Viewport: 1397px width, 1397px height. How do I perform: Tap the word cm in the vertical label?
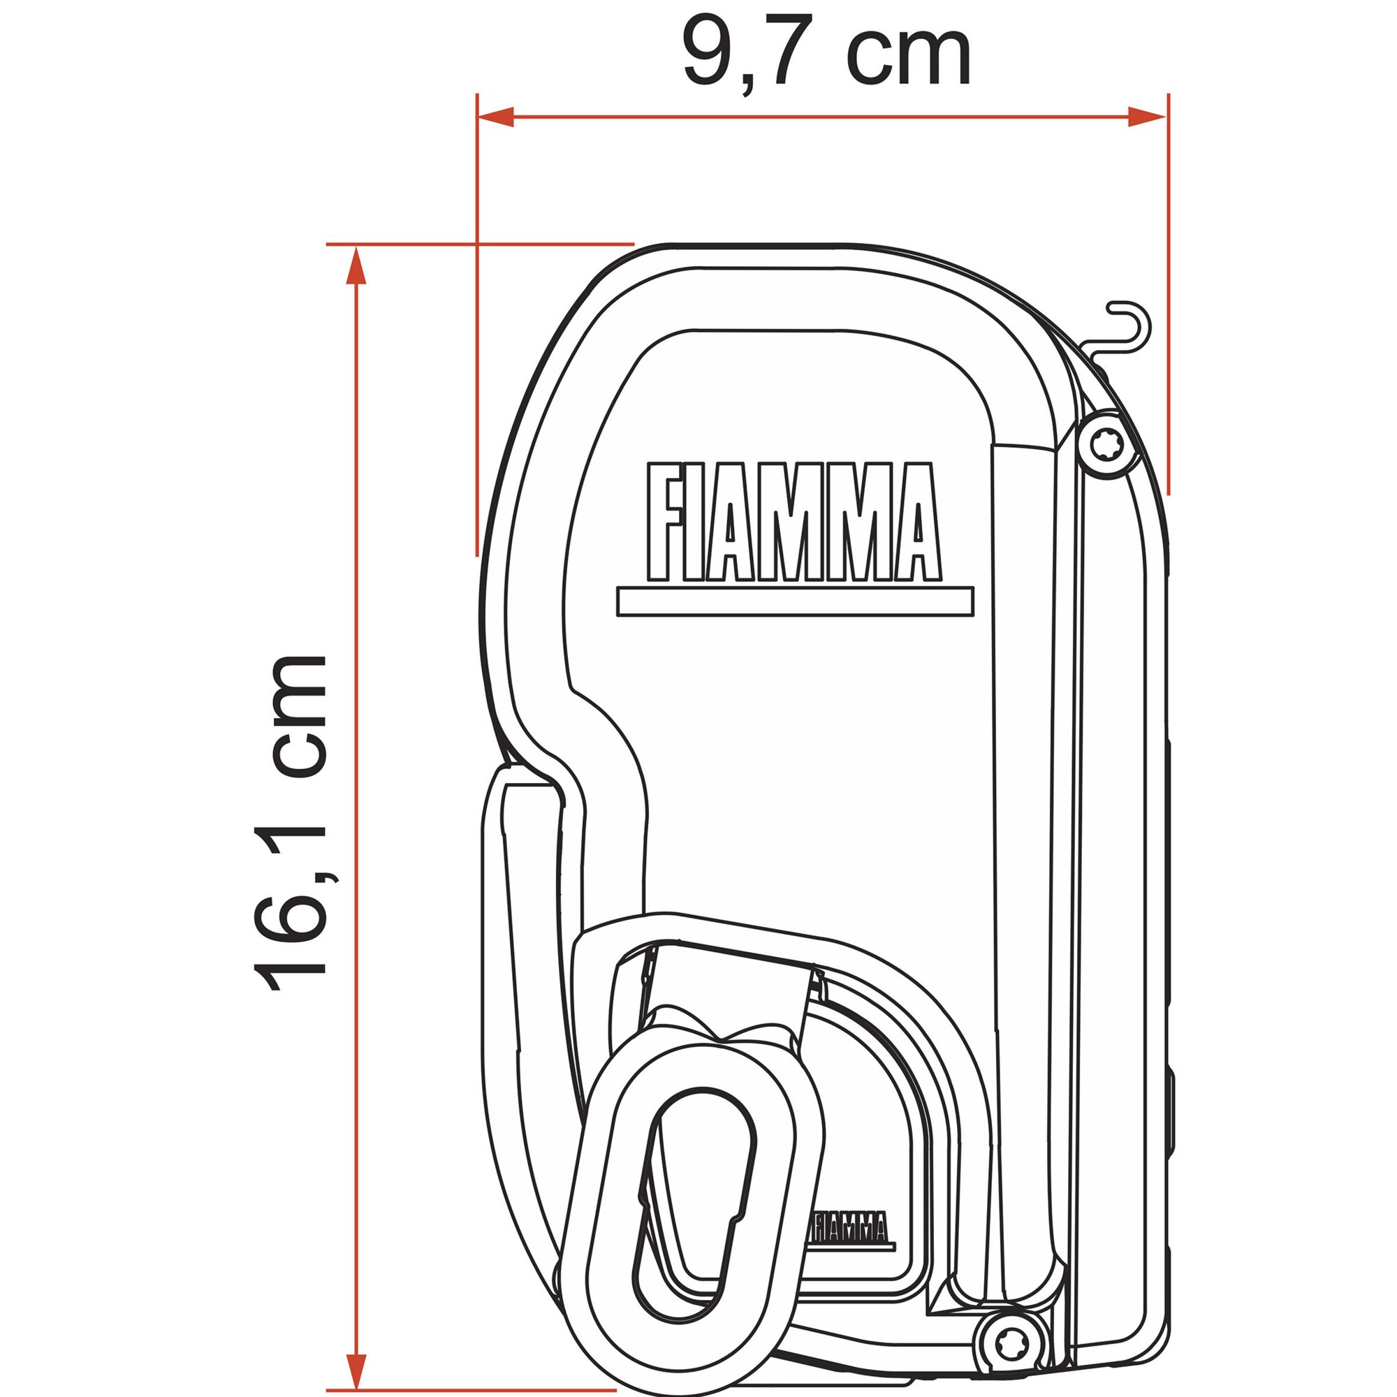click(298, 712)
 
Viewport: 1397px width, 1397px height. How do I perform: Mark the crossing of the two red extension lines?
click(476, 244)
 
